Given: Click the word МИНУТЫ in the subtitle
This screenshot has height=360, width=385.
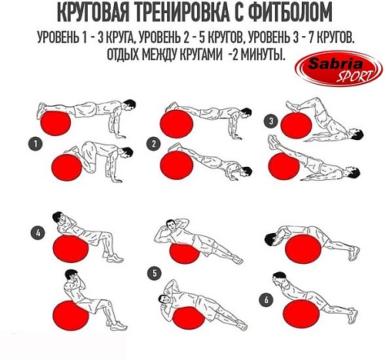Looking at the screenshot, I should pyautogui.click(x=257, y=55).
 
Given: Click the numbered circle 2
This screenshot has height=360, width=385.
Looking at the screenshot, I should pyautogui.click(x=155, y=143).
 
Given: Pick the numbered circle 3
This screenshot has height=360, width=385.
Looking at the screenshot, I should pyautogui.click(x=270, y=121).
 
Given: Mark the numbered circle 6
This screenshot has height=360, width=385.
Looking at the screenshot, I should pyautogui.click(x=266, y=298).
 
